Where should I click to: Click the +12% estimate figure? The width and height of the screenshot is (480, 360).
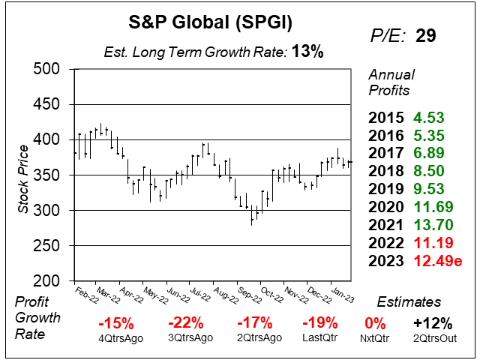432,323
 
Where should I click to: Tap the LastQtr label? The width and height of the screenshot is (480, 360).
318,338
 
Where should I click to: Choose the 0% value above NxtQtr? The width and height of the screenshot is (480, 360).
375,323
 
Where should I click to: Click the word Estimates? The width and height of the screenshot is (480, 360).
408,302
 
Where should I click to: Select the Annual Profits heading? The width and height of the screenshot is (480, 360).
390,83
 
